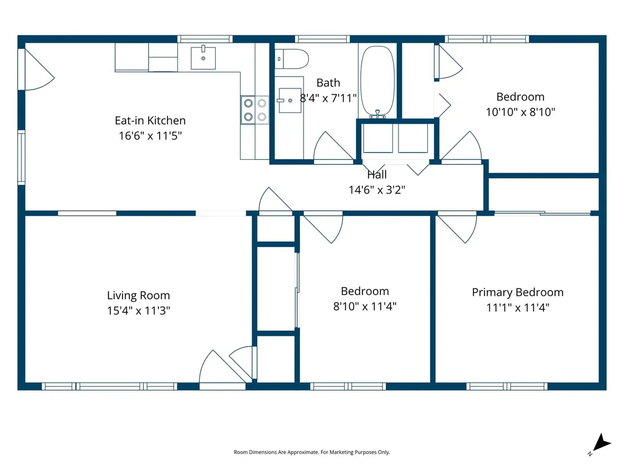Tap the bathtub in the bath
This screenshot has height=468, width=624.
coord(378,82)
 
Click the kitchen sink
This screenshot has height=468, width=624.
coord(203,58)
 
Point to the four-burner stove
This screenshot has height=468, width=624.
coord(255,110)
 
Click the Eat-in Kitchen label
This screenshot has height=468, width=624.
coord(150,121)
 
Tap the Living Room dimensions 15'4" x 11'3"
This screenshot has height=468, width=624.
coord(138,310)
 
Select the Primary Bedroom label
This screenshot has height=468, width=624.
coord(517,292)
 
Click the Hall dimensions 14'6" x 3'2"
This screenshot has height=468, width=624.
coord(377,190)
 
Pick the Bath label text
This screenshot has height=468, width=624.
coord(328,83)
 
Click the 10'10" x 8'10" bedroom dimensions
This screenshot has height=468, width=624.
coord(520,112)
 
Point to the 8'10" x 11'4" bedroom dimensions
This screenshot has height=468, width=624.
coord(364,307)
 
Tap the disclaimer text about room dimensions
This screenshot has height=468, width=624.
coord(311,452)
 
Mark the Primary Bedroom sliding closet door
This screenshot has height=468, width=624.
coord(542,213)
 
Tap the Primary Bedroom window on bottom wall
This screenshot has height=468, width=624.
coord(506,386)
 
